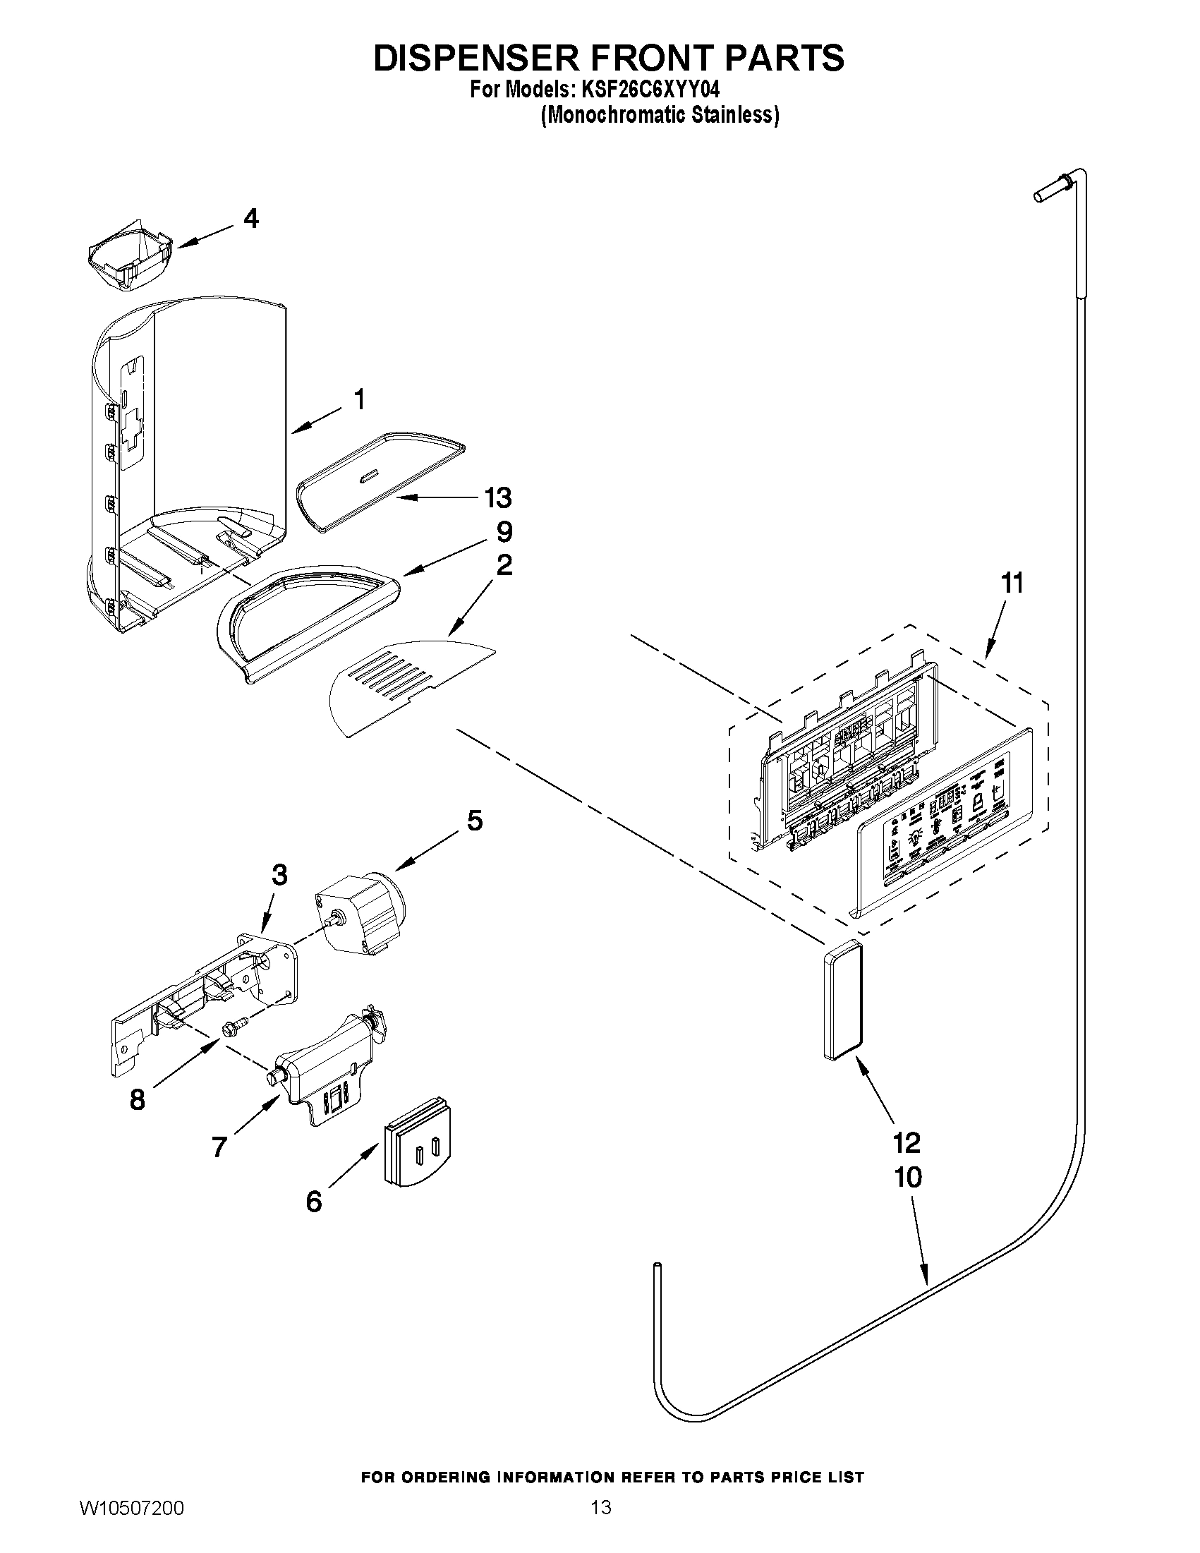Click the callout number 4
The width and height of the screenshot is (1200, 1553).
pos(250,218)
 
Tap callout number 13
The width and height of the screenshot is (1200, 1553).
pos(497,497)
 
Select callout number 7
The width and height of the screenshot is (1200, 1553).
pos(219,1147)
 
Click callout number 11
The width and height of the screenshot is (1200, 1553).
pos(1012,583)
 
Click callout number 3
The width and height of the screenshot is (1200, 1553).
pos(279,875)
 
